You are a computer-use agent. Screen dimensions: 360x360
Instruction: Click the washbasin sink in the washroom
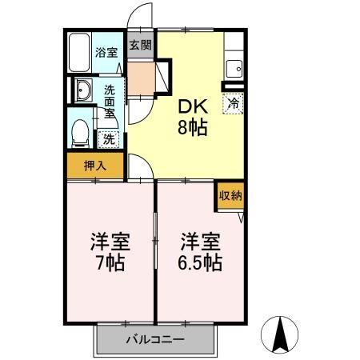pyautogui.click(x=83, y=92)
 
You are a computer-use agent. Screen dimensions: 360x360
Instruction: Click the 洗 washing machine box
pyautogui.click(x=109, y=138)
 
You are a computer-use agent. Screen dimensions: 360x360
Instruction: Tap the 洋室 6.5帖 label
pyautogui.click(x=200, y=251)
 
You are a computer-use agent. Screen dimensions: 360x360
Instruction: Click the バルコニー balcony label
pyautogui.click(x=155, y=340)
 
